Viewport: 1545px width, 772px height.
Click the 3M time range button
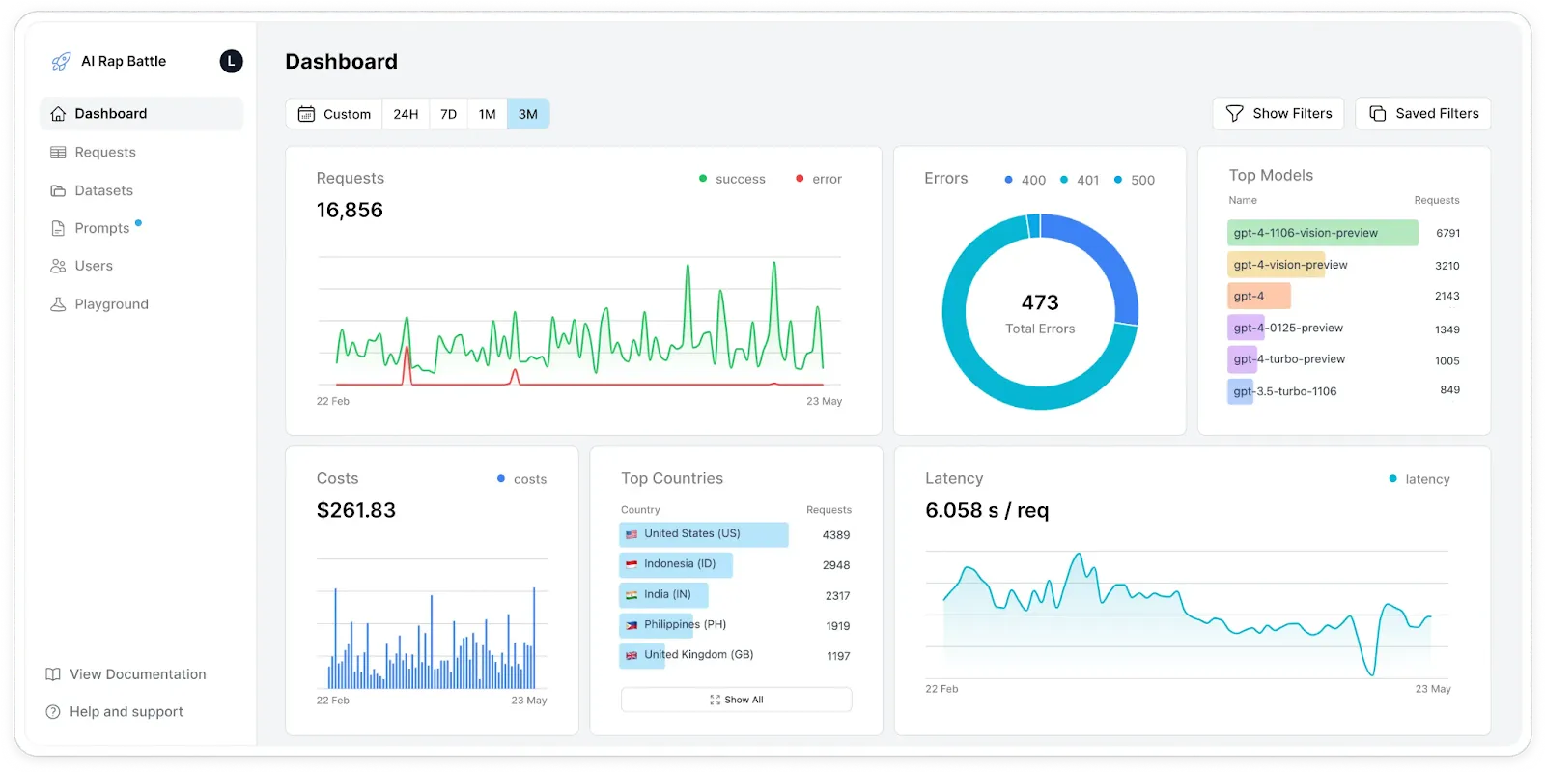point(527,114)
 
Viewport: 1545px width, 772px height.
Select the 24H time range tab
point(406,114)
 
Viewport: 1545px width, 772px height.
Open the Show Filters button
point(1278,113)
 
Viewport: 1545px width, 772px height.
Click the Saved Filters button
point(1423,113)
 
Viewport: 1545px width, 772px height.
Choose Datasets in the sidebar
point(103,190)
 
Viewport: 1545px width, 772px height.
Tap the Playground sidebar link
point(111,304)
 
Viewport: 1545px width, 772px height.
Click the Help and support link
point(126,712)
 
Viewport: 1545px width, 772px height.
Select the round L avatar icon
point(231,61)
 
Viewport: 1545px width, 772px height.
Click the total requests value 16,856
point(350,211)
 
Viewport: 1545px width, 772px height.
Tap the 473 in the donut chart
point(1040,302)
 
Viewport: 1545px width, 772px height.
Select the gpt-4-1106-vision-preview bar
point(1322,233)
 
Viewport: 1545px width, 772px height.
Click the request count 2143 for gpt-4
point(1447,297)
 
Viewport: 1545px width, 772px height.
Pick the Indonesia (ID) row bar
point(676,564)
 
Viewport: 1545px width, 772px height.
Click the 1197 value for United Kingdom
point(838,656)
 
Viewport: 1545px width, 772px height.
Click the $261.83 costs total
point(356,510)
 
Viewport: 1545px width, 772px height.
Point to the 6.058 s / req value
point(987,510)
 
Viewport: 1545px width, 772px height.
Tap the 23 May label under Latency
point(1432,689)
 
